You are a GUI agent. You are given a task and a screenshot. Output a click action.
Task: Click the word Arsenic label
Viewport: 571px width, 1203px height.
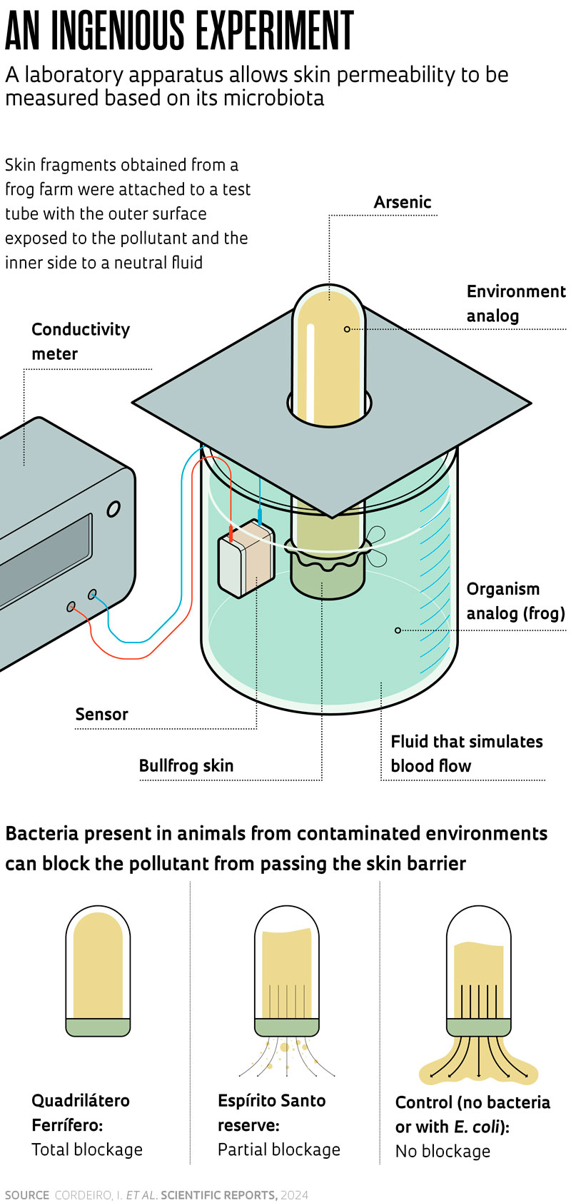pyautogui.click(x=403, y=202)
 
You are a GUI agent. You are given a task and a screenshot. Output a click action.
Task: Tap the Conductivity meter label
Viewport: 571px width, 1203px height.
pyautogui.click(x=81, y=341)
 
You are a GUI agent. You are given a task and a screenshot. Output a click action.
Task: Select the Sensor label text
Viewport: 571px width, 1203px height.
pyautogui.click(x=102, y=714)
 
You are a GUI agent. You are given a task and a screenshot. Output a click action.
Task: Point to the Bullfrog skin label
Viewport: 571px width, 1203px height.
pyautogui.click(x=186, y=765)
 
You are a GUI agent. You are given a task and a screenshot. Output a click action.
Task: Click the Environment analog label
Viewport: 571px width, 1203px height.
pyautogui.click(x=515, y=303)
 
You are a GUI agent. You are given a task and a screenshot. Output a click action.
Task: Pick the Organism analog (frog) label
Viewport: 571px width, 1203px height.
pyautogui.click(x=515, y=601)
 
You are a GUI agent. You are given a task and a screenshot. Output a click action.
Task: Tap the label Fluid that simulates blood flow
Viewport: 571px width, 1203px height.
pyautogui.click(x=467, y=753)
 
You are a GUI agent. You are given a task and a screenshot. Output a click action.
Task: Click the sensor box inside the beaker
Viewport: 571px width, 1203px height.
pyautogui.click(x=246, y=558)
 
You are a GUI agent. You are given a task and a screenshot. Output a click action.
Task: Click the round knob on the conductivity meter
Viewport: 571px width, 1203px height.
pyautogui.click(x=113, y=508)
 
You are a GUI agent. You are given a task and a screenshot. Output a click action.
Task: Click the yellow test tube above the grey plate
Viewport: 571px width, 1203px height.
pyautogui.click(x=329, y=357)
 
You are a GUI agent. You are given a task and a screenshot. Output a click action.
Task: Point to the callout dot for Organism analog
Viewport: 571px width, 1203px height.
pyautogui.click(x=398, y=630)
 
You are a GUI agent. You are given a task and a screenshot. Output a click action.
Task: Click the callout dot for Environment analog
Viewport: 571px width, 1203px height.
pyautogui.click(x=348, y=329)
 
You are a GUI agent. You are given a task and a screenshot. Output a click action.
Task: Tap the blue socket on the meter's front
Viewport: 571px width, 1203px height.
pyautogui.click(x=93, y=594)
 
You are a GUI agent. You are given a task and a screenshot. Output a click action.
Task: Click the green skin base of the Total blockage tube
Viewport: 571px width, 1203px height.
pyautogui.click(x=98, y=1027)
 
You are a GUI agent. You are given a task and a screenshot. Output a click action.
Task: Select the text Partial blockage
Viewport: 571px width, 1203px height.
pyautogui.click(x=279, y=1149)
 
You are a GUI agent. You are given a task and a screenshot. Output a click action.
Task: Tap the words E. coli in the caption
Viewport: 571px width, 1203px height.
pyautogui.click(x=479, y=1127)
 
